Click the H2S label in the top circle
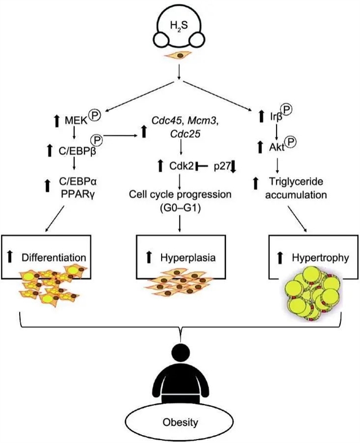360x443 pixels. click(179, 25)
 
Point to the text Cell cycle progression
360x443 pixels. click(179, 194)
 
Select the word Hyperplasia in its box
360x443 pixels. click(185, 258)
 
